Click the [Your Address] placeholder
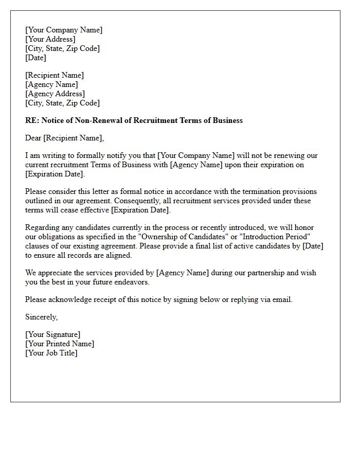click(50, 39)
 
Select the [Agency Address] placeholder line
click(55, 94)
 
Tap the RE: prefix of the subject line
click(32, 120)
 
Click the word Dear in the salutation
click(33, 137)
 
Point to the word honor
click(303, 227)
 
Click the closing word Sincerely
click(41, 317)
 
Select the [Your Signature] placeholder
click(52, 334)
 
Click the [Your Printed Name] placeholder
click(60, 344)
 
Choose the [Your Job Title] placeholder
click(51, 353)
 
